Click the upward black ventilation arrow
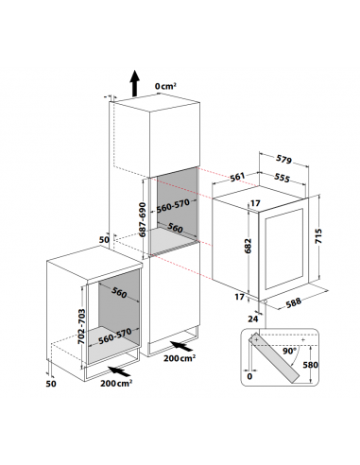click(135, 83)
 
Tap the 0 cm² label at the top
click(165, 86)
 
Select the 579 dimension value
click(284, 160)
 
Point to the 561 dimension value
click(237, 177)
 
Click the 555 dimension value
click(282, 178)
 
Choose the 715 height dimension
click(318, 236)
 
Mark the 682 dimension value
click(249, 246)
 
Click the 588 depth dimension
click(294, 302)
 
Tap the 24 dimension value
click(252, 319)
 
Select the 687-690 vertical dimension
click(143, 219)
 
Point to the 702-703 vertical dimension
click(81, 326)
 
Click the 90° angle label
click(289, 351)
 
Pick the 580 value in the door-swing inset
click(310, 365)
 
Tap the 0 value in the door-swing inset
click(249, 376)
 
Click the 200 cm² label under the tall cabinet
click(180, 358)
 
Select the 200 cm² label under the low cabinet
click(116, 383)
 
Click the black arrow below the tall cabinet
click(181, 346)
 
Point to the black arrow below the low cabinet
click(119, 371)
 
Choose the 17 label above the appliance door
click(255, 203)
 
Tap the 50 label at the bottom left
click(51, 383)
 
